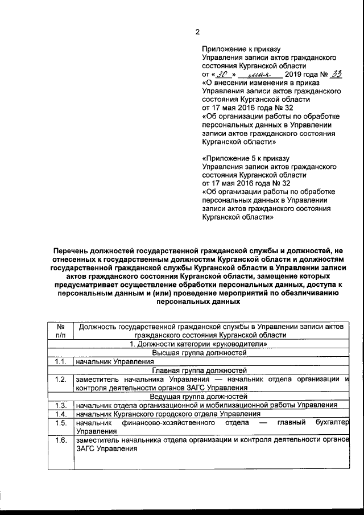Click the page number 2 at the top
197,32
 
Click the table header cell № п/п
60,331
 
